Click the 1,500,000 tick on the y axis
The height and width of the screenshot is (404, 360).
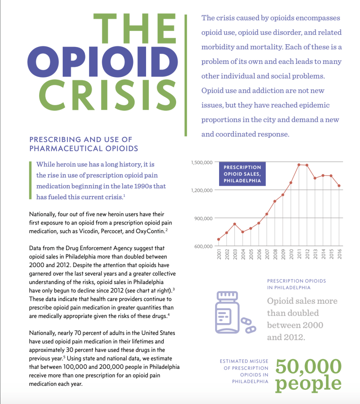click(202, 162)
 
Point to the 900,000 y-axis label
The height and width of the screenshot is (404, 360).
click(203, 218)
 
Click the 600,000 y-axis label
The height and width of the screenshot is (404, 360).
click(203, 247)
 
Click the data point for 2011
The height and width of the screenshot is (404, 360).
click(299, 165)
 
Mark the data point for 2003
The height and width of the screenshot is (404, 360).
click(235, 224)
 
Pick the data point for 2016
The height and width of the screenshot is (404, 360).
click(339, 186)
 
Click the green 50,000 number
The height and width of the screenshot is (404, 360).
click(308, 367)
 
